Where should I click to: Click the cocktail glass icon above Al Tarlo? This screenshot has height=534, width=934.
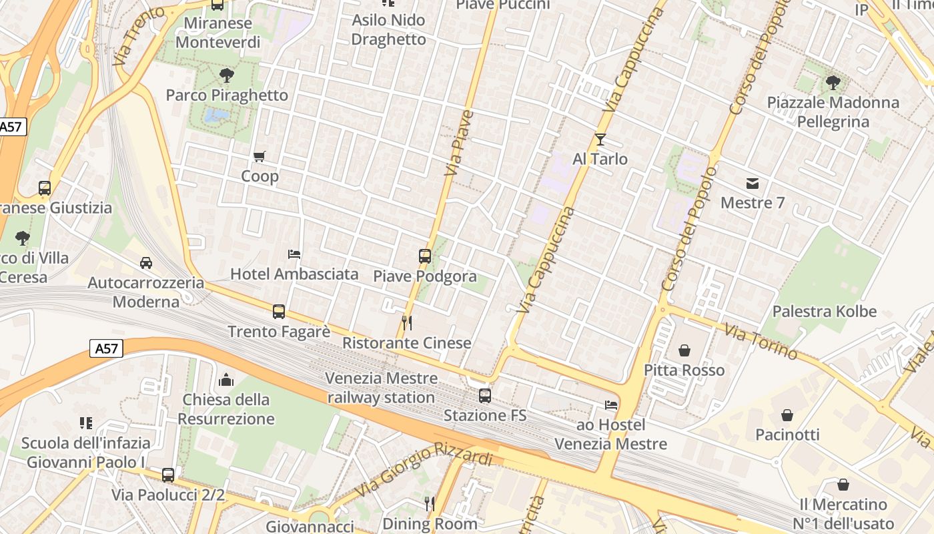(600, 140)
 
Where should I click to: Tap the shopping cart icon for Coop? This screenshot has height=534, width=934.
(260, 157)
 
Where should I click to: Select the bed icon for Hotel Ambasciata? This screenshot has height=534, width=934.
(294, 254)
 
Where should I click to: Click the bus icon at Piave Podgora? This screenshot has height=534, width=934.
(424, 256)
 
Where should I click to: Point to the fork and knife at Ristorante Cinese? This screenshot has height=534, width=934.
(407, 323)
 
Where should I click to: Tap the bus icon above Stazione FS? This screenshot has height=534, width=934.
(485, 395)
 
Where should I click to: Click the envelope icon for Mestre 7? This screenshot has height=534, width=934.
(753, 184)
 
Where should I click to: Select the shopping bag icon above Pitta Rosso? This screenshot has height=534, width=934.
(684, 350)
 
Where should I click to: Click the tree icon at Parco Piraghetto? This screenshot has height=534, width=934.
(227, 75)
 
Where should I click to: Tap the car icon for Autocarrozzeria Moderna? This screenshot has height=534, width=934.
(146, 263)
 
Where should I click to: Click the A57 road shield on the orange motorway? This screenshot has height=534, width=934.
(107, 348)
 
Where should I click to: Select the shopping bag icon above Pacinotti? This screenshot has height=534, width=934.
(787, 415)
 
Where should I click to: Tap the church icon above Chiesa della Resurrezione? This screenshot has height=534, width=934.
(226, 380)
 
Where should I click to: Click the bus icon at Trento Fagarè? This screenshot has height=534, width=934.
(279, 312)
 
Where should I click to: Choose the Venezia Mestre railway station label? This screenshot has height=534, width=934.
(382, 388)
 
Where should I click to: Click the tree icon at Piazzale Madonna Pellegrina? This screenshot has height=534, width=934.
(833, 83)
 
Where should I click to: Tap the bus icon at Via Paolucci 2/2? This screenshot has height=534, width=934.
(168, 475)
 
